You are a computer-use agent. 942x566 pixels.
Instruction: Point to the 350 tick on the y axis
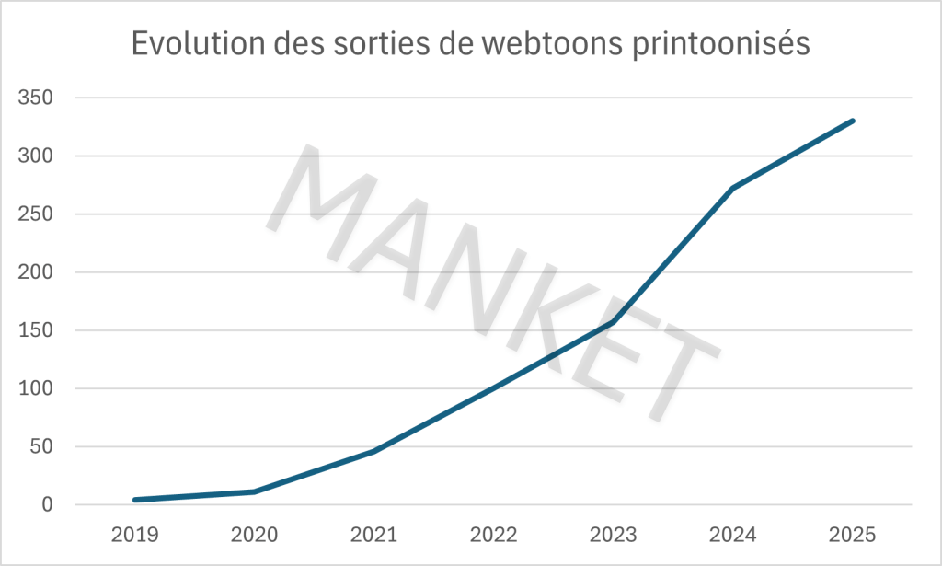(37, 98)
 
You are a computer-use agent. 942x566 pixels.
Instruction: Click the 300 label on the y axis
(37, 156)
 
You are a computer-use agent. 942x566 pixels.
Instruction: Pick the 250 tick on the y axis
(37, 214)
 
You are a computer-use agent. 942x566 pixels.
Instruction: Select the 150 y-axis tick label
(37, 330)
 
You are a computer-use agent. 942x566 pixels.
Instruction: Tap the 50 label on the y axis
(42, 447)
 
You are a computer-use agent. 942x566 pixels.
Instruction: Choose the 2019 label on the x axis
(135, 535)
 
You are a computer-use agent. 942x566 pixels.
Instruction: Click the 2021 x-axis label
(374, 535)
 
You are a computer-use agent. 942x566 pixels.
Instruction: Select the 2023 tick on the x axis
(614, 535)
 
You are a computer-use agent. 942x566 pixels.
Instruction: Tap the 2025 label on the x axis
(853, 535)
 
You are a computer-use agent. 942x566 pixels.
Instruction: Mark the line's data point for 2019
(135, 500)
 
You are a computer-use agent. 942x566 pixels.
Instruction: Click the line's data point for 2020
(255, 491)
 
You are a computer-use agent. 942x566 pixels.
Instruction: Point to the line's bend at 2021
(374, 451)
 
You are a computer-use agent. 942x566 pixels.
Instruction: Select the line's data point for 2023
(614, 322)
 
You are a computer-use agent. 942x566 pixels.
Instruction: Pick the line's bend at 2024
(733, 189)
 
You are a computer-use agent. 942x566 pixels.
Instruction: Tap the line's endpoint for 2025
(853, 121)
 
